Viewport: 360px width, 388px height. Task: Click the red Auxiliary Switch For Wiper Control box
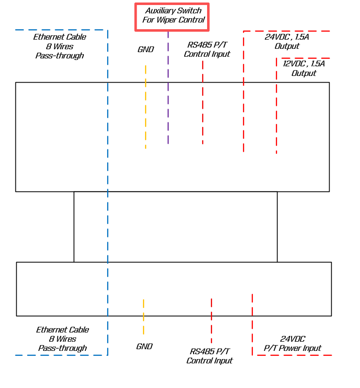(172, 17)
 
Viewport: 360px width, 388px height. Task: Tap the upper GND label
(145, 50)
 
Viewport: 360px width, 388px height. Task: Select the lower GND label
(144, 347)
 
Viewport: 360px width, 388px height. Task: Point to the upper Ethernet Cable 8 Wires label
(60, 46)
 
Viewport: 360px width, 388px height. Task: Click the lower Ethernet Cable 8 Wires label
(62, 339)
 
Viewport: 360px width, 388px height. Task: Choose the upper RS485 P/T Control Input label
(207, 50)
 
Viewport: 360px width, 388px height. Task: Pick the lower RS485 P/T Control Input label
(209, 356)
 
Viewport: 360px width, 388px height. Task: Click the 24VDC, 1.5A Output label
(287, 41)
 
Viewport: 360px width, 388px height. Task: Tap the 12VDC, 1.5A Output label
(303, 68)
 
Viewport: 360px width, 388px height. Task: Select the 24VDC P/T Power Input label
(292, 344)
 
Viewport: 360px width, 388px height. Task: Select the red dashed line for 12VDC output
(276, 108)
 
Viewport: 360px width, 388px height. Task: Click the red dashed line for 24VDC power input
(252, 325)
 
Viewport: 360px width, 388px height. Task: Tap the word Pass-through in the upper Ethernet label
(60, 56)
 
